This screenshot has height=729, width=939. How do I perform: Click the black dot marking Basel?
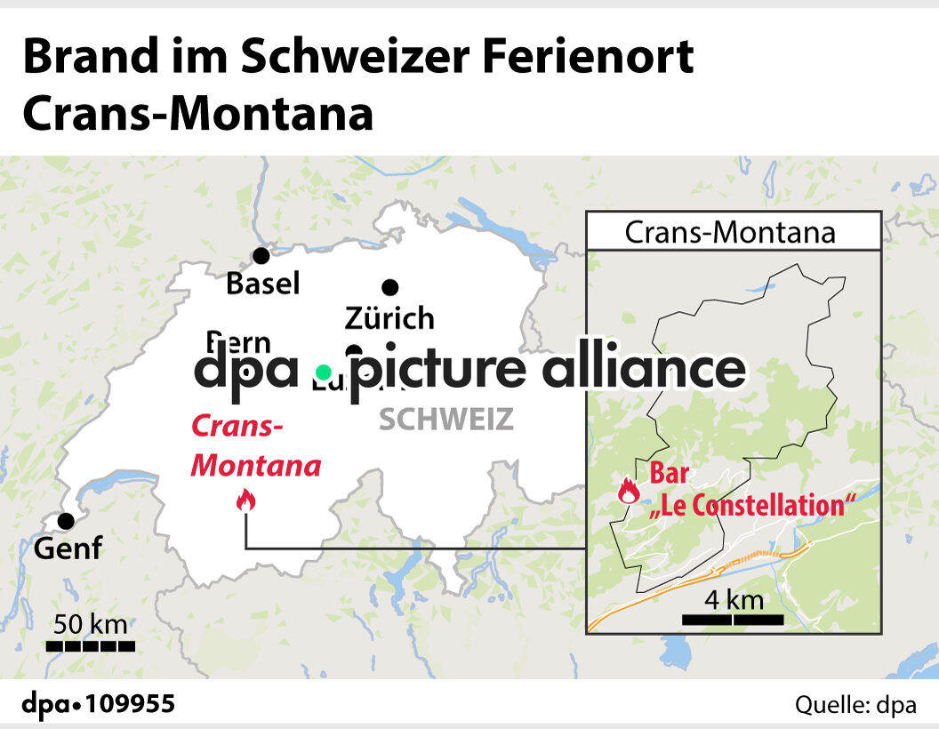[261, 256]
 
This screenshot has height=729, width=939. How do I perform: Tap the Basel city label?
[263, 284]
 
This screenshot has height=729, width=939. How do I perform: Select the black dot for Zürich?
[389, 287]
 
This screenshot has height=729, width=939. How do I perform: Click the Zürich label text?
[389, 317]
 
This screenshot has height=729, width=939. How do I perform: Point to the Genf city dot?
[65, 521]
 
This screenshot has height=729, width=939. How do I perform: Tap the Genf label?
[68, 549]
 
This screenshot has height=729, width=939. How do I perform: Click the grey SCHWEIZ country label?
[446, 419]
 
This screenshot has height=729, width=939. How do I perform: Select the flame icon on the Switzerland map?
[245, 501]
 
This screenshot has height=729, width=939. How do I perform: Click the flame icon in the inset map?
[629, 490]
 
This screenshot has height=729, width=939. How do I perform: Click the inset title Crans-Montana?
[730, 232]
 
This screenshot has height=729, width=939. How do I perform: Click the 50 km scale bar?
[91, 646]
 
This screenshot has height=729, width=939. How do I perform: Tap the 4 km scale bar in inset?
[733, 618]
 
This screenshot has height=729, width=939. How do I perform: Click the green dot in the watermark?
[324, 371]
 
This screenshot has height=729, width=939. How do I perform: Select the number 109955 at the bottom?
[131, 705]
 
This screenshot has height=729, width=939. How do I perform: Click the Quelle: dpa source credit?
[855, 705]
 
